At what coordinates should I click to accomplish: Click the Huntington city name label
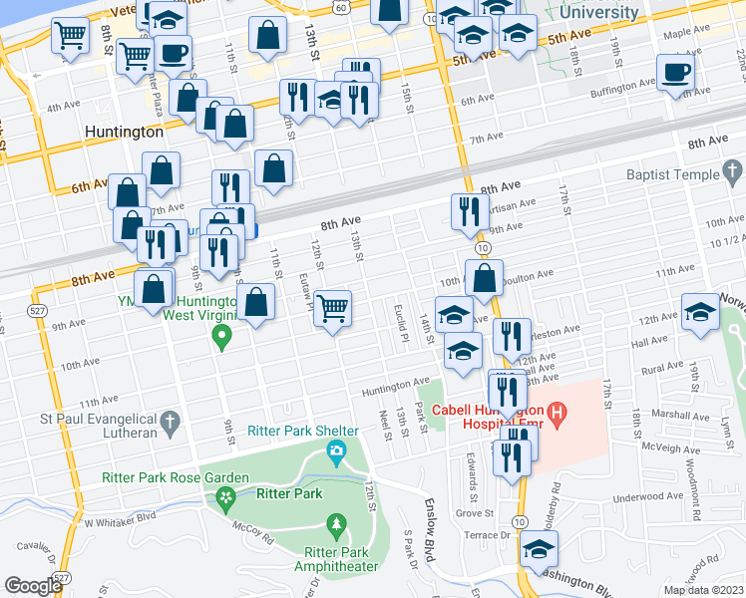click(124, 132)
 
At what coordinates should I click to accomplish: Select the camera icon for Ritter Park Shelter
click(337, 454)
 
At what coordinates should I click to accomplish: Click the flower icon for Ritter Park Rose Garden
click(226, 495)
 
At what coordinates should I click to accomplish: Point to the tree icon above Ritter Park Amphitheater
click(337, 523)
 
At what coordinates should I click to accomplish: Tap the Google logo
click(34, 586)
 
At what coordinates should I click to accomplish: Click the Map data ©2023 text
click(703, 590)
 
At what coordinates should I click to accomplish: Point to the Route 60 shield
click(340, 8)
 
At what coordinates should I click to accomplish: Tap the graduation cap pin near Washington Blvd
click(539, 549)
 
